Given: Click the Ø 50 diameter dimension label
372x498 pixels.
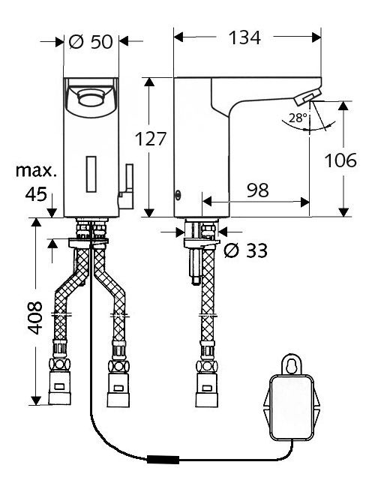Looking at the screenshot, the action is coord(91,41).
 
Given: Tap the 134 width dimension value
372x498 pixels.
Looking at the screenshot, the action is coord(244,37).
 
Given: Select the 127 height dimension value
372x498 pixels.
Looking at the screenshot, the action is coord(151,139).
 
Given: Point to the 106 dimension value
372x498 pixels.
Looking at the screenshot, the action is coord(340,160).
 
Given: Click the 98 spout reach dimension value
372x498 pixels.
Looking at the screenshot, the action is coord(258,190).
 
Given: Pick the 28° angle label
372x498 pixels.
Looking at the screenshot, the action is coord(298,118).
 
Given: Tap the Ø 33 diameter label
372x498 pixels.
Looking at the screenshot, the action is coord(245,250).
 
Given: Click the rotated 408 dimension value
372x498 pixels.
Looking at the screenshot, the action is coord(34,317).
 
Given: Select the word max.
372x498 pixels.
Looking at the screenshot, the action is coord(36,171).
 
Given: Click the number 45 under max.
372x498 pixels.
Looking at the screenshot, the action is coord(36,194).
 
